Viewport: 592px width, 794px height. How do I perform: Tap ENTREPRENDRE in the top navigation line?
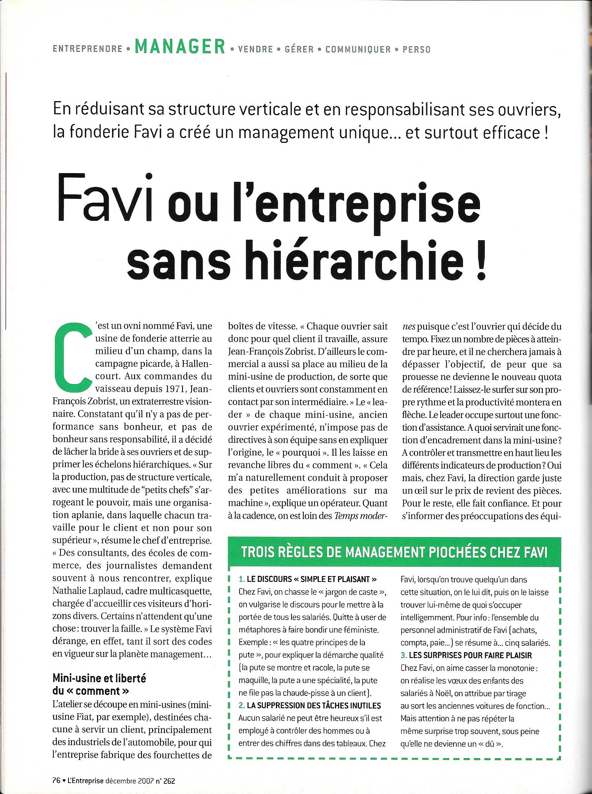pos(87,49)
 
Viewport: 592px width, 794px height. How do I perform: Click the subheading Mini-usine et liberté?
pos(99,678)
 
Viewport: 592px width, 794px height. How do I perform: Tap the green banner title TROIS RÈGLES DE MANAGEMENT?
pos(394,553)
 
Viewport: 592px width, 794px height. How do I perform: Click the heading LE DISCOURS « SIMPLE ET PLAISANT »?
pos(307,579)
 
